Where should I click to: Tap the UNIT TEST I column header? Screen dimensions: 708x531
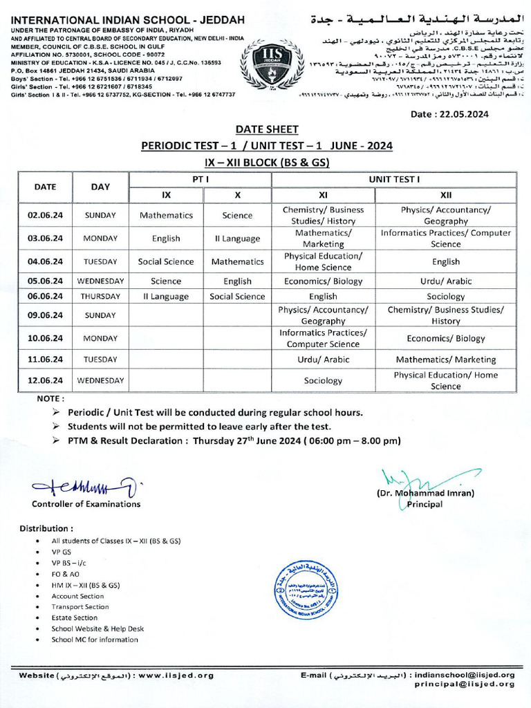click(x=394, y=179)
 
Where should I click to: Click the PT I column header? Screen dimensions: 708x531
click(x=201, y=179)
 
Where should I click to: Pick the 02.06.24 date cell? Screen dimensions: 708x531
click(x=45, y=215)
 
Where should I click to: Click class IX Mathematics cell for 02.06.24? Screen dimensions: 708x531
click(x=166, y=215)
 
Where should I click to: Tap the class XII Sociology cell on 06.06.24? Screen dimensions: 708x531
click(x=445, y=297)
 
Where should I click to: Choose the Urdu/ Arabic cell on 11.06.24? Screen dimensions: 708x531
click(x=323, y=360)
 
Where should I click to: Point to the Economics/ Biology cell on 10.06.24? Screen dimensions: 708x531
click(x=445, y=339)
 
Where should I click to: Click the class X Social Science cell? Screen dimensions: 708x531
click(x=237, y=297)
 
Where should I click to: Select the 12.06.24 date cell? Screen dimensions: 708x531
click(x=45, y=380)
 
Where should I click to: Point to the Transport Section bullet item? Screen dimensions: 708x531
click(x=80, y=607)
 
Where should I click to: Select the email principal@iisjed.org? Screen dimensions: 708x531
click(x=465, y=684)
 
